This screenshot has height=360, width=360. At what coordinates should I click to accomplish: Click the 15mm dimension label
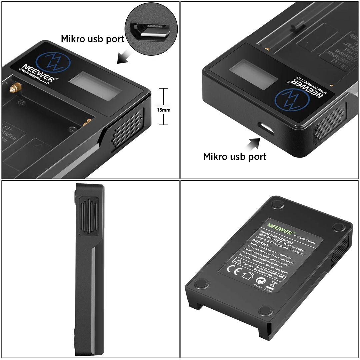tap(164, 110)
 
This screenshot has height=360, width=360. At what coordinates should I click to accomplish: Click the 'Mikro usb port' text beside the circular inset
tap(92, 39)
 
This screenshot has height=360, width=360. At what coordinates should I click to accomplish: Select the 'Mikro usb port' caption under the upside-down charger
tap(235, 156)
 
